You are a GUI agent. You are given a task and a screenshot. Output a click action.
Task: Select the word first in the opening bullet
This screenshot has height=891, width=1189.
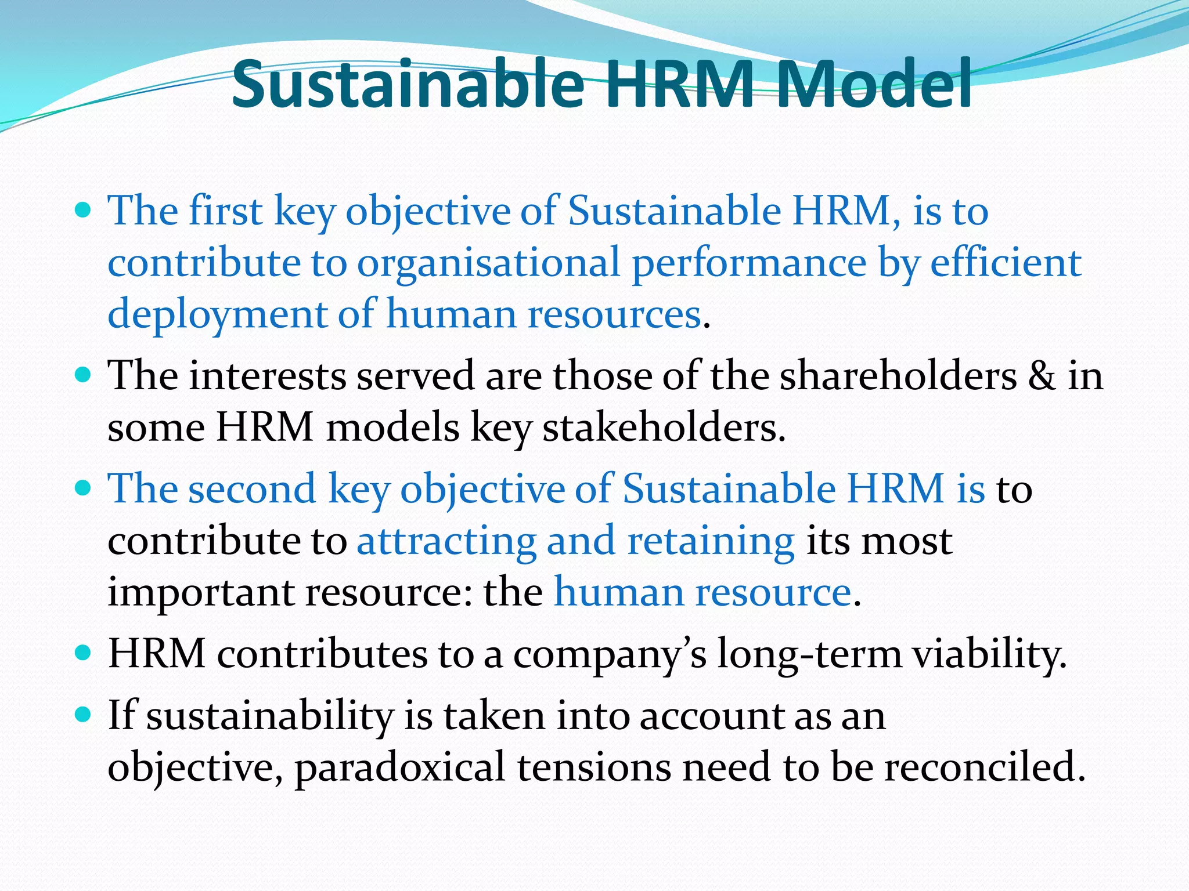(225, 210)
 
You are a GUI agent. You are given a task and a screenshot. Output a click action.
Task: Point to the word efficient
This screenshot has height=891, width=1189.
(1006, 262)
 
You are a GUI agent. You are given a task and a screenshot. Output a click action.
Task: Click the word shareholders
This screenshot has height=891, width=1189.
(898, 375)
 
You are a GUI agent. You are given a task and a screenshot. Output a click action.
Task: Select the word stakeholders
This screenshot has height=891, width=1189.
(664, 428)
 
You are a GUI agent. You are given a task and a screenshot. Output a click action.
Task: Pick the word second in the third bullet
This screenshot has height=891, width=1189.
(252, 488)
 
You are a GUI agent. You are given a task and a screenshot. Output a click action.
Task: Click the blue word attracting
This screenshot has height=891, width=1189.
(446, 541)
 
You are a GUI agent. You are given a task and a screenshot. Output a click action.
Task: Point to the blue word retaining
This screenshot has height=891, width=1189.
(711, 541)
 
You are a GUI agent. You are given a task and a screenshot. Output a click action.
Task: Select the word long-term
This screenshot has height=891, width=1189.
(809, 654)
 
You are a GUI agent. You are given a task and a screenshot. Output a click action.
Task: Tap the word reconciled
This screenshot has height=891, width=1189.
(985, 767)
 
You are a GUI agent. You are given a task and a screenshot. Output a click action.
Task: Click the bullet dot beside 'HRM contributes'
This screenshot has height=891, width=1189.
(84, 653)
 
